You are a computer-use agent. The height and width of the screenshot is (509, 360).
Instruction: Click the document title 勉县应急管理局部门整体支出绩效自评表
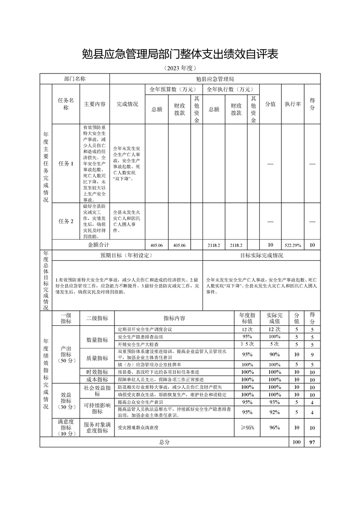coord(180,54)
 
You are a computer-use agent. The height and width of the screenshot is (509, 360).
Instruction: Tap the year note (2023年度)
coord(180,69)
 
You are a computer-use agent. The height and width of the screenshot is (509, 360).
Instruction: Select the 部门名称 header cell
coord(74,78)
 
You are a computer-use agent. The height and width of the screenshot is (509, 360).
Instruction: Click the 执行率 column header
coord(293,104)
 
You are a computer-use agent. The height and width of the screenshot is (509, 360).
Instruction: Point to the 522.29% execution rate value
coord(293,245)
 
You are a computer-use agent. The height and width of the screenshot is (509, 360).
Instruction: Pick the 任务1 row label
coord(66,163)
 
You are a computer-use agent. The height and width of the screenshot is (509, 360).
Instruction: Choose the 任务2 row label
coord(66,221)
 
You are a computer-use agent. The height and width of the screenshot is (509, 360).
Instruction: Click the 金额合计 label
coord(98,245)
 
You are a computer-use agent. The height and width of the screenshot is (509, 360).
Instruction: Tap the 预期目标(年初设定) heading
coord(128,255)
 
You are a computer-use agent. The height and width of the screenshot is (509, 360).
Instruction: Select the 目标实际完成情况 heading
coord(261,255)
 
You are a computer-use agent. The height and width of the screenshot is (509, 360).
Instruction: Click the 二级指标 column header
coord(97,318)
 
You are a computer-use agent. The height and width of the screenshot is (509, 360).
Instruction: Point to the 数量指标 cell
coord(97,340)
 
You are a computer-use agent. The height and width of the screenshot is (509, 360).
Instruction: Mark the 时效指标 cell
coord(97,372)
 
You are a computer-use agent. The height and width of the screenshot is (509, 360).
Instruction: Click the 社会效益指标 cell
coord(97,390)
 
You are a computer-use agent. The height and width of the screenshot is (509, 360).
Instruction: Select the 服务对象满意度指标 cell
coord(97,427)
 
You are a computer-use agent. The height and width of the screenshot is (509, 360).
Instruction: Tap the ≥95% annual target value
coord(247,427)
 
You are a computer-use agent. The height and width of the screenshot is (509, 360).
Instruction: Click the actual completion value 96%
coord(275,427)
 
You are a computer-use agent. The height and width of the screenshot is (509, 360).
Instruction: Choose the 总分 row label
coord(164,442)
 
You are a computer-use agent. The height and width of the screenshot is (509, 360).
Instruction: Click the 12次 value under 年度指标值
coord(247,329)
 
